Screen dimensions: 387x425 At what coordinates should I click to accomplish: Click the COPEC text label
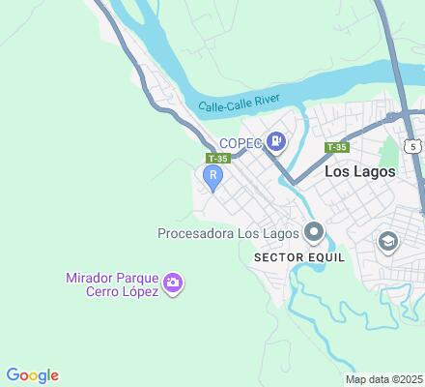(240, 143)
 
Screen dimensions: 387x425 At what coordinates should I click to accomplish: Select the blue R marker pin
(212, 176)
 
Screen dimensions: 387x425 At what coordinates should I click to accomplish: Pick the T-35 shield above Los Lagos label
(336, 147)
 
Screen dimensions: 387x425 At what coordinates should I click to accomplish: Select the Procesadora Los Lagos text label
(229, 232)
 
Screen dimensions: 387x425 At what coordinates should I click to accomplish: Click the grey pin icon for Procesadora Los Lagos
(314, 232)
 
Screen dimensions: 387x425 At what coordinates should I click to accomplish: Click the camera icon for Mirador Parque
(174, 283)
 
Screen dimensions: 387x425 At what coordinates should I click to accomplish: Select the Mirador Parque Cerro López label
(111, 284)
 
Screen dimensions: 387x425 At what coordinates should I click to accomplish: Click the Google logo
(33, 375)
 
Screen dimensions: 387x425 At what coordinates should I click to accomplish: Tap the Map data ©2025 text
(384, 378)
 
